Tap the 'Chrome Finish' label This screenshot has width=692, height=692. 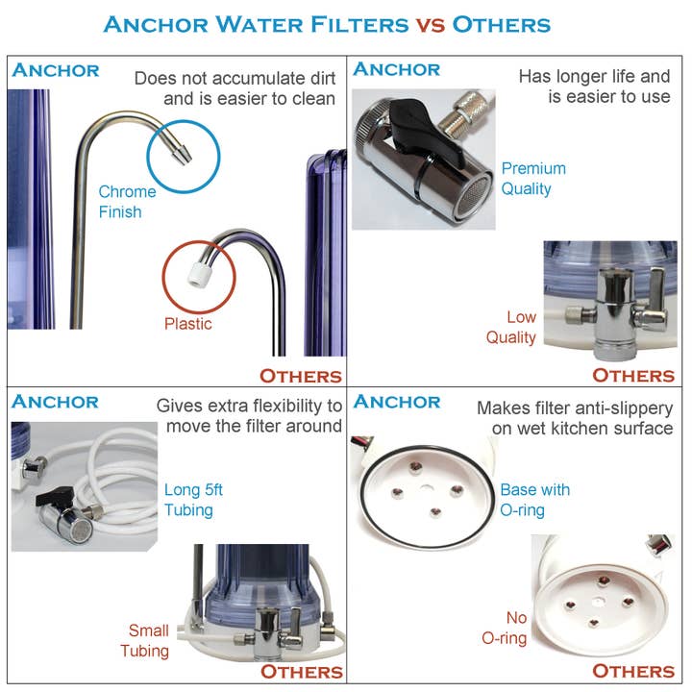click(x=127, y=202)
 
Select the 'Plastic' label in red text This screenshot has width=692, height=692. click(x=187, y=324)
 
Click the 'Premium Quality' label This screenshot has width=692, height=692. click(x=532, y=179)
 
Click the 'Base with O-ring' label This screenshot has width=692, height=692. click(x=534, y=500)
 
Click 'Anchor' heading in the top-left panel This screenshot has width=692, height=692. click(x=56, y=70)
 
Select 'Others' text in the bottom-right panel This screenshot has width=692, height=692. click(x=632, y=671)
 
